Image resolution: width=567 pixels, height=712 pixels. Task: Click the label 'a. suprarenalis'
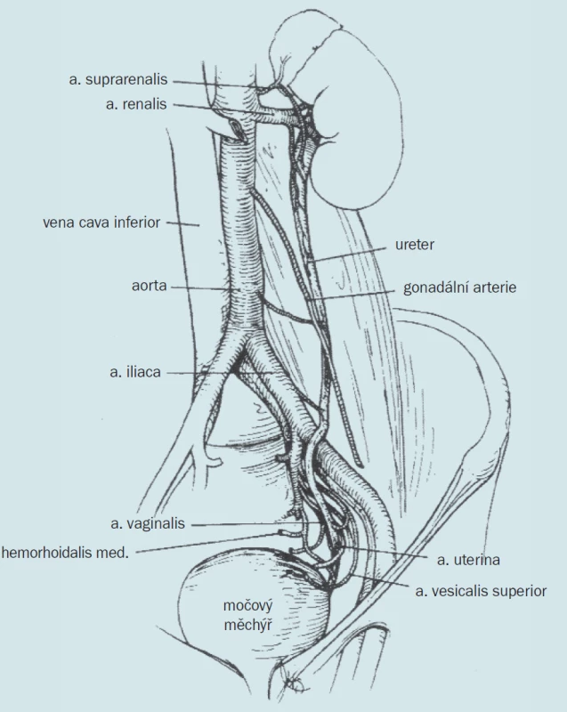tap(118, 80)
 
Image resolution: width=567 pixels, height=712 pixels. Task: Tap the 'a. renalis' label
tap(136, 104)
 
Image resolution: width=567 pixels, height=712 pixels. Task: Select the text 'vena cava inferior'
tap(101, 222)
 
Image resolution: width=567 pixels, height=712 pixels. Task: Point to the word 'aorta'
tap(150, 286)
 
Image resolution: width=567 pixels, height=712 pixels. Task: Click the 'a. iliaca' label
tap(135, 372)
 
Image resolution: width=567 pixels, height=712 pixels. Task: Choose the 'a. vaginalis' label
tap(148, 523)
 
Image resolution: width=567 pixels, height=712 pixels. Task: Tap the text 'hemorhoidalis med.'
tap(65, 553)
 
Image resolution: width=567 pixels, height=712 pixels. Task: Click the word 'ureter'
tap(415, 245)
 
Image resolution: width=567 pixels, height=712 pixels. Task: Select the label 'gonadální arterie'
tap(460, 287)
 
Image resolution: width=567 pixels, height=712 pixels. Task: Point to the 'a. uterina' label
tap(468, 560)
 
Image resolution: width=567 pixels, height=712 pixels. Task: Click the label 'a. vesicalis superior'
tap(481, 591)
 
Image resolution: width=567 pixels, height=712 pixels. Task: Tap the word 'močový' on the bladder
tap(247, 605)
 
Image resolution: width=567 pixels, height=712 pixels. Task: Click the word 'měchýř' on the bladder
tap(247, 625)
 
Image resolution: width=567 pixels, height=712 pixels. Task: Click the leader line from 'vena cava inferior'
tap(182, 224)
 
